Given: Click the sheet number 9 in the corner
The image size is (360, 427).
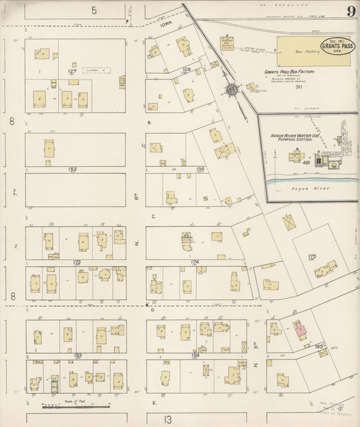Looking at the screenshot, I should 352,11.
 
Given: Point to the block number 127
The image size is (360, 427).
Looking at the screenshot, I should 72,71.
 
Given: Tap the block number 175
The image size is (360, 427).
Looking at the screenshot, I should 311,256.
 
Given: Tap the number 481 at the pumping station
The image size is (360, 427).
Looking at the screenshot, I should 306,163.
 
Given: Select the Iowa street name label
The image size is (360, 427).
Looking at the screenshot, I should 166,23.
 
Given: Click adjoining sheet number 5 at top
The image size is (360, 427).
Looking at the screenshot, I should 95,10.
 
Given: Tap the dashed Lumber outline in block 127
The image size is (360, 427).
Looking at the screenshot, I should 95,70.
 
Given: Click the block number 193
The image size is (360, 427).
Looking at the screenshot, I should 78,355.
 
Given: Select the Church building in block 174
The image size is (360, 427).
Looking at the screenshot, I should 186,241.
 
